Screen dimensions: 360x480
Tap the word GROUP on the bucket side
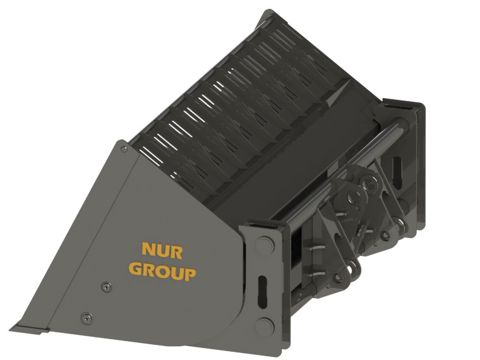point(162,272)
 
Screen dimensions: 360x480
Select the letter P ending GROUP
point(189,273)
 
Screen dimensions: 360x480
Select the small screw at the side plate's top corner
point(124,149)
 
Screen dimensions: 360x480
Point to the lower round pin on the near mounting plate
point(265,326)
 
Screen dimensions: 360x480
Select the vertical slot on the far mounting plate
point(397,170)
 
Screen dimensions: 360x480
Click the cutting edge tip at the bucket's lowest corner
point(14,328)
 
